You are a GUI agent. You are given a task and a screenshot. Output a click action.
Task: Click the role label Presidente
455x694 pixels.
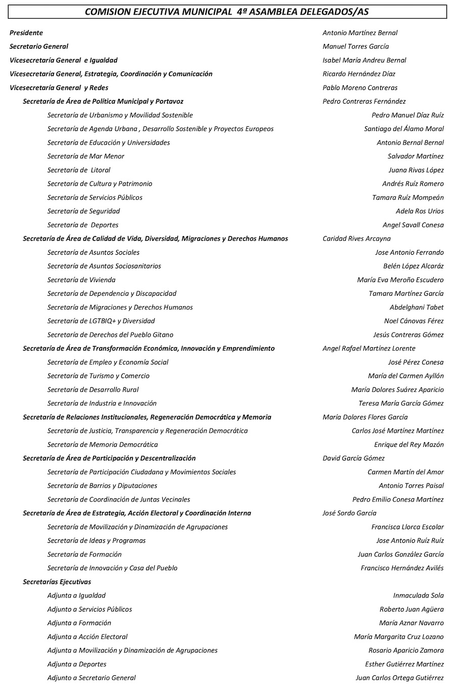(26, 33)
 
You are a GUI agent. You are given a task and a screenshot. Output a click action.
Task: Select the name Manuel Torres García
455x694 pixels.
(355, 47)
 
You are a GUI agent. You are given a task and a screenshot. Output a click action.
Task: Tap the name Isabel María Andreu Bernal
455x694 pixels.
(364, 60)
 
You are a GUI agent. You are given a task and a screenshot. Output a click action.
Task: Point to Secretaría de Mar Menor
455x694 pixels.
(85, 156)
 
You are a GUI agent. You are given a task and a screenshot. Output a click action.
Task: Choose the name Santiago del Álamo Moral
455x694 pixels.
(403, 129)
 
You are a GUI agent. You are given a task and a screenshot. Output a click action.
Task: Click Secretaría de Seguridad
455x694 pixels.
(83, 211)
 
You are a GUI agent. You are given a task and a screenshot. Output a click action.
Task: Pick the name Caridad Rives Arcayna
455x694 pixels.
(356, 239)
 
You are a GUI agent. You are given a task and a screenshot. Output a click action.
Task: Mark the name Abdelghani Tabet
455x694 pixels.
(416, 307)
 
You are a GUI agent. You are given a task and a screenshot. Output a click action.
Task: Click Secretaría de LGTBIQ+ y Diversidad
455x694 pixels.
(101, 321)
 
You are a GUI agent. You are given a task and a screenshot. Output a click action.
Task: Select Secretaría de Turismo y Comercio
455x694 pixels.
(98, 376)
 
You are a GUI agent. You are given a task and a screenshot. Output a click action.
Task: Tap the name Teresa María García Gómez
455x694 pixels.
(400, 403)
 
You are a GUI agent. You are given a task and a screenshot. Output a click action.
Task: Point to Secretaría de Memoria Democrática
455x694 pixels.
(102, 445)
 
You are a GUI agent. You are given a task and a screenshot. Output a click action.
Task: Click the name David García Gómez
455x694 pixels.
(353, 458)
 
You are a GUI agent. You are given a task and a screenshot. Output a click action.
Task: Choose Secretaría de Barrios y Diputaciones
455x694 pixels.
(102, 486)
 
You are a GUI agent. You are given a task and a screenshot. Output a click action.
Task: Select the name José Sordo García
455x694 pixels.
(349, 513)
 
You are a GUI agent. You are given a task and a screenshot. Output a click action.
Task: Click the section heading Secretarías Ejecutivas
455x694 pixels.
(57, 582)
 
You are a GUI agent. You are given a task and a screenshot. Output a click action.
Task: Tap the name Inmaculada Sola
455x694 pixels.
(418, 595)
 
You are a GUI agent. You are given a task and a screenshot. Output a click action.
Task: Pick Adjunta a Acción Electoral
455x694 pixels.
(87, 637)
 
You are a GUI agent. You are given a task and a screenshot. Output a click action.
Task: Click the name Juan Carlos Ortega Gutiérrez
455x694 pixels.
(399, 678)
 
